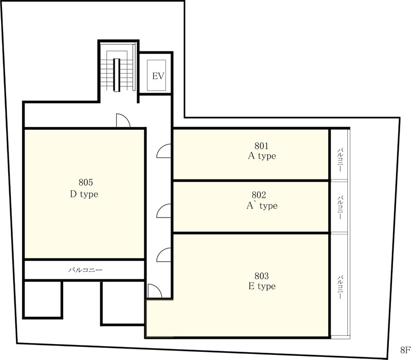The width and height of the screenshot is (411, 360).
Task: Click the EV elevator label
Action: [158, 76]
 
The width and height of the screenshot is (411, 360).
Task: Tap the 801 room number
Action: [261, 146]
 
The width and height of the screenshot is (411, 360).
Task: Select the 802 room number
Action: [259, 195]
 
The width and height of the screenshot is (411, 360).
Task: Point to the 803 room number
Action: [261, 276]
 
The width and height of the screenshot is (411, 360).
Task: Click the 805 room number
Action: [86, 182]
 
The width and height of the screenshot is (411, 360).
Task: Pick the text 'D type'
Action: [84, 194]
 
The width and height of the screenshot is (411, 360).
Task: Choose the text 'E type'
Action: [262, 286]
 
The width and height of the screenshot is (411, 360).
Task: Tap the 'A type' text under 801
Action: [262, 156]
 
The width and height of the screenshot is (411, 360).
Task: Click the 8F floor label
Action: [405, 350]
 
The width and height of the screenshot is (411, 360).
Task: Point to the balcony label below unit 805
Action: [85, 269]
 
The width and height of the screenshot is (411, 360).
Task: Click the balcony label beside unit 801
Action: [340, 160]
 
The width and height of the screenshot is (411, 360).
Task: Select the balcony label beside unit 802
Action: [340, 207]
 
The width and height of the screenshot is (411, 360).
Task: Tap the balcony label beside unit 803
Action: [340, 287]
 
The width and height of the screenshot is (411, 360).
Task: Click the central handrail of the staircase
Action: [117, 75]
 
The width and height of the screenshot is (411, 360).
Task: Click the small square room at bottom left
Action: [43, 300]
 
